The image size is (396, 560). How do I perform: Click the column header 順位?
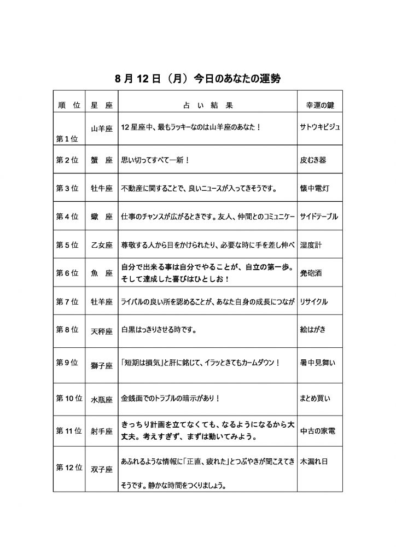tap(69, 105)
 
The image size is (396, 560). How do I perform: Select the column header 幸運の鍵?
tap(319, 105)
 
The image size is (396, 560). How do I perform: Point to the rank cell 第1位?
tap(67, 138)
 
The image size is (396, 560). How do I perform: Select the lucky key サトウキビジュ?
tap(320, 127)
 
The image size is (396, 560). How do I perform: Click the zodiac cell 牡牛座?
tap(101, 189)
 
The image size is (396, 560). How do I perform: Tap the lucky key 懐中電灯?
tap(314, 189)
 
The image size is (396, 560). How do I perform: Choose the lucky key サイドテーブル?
tap(320, 217)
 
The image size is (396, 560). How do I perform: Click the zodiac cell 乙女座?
tap(101, 246)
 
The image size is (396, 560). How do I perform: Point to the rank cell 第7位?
tap(68, 301)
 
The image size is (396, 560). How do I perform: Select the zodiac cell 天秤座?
tap(101, 330)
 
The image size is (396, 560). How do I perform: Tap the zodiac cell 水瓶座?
tap(101, 399)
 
